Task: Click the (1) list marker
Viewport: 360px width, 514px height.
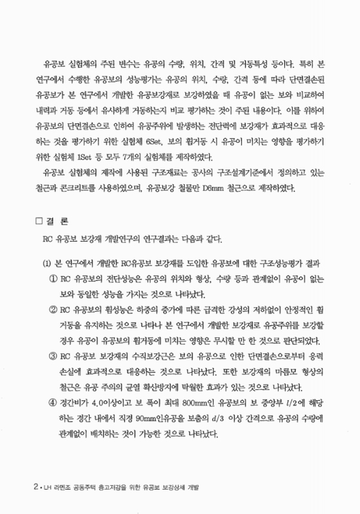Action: (46, 263)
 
